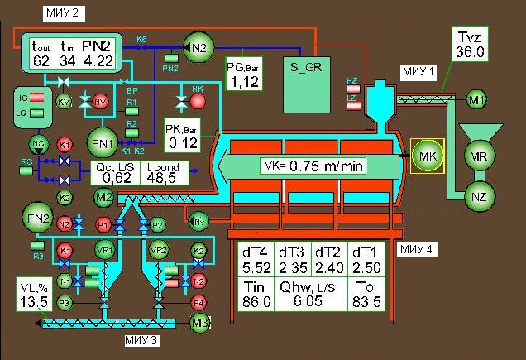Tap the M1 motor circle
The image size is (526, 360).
tap(476, 100)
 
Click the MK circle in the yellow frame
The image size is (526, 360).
tap(428, 156)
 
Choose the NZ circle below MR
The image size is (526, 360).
tap(477, 197)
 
